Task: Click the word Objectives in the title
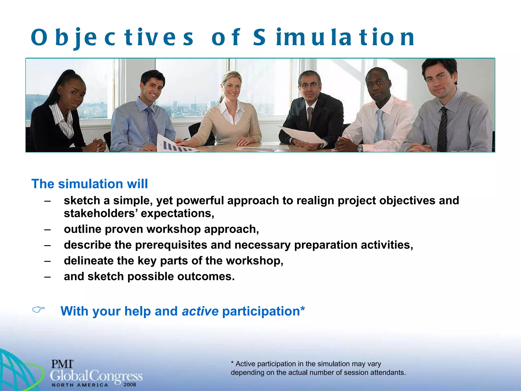(112, 38)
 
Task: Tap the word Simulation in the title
(333, 38)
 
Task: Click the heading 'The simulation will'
(90, 184)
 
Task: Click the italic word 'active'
(200, 311)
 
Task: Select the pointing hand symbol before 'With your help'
(38, 310)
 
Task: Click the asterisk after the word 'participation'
(303, 309)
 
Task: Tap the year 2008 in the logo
(130, 385)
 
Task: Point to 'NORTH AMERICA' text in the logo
(80, 385)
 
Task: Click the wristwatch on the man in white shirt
(360, 148)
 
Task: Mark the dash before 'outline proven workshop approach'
(47, 229)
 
